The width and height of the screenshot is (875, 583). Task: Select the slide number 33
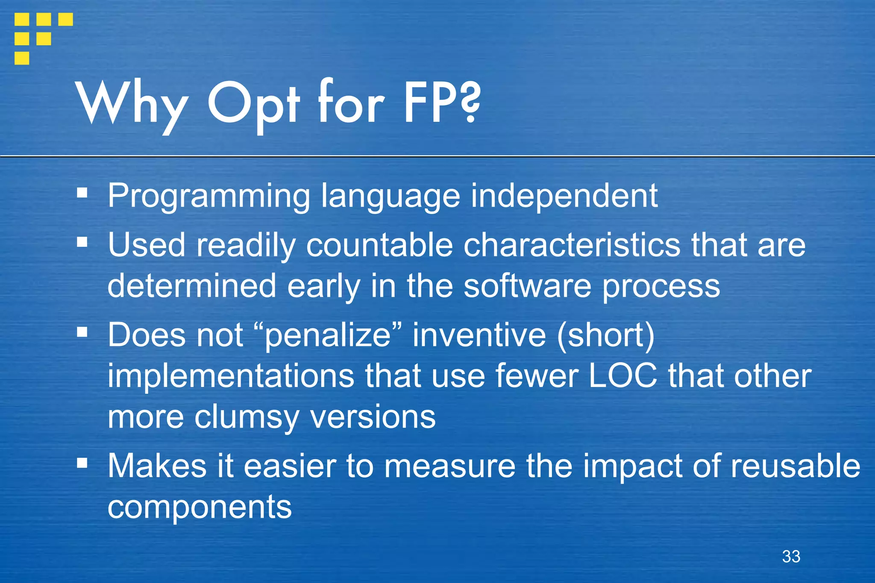coord(791,557)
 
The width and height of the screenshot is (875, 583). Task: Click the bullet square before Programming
coord(82,193)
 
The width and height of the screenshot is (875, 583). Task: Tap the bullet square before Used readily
coord(82,242)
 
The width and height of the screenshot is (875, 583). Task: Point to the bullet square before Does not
coord(82,332)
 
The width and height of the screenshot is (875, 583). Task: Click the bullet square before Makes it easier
coord(82,463)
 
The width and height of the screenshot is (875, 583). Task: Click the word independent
coord(564,196)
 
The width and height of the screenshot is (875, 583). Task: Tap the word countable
coord(379,245)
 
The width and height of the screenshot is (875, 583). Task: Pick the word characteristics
coord(572,245)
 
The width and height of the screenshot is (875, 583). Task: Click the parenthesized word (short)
coord(605,335)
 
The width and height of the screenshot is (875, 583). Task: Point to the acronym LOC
coord(622,376)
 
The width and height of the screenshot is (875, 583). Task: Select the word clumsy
coord(247,417)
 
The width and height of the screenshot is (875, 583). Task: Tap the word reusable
coord(795,466)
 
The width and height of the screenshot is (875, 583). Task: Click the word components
coord(200,507)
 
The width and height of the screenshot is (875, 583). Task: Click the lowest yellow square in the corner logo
coord(22,58)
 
